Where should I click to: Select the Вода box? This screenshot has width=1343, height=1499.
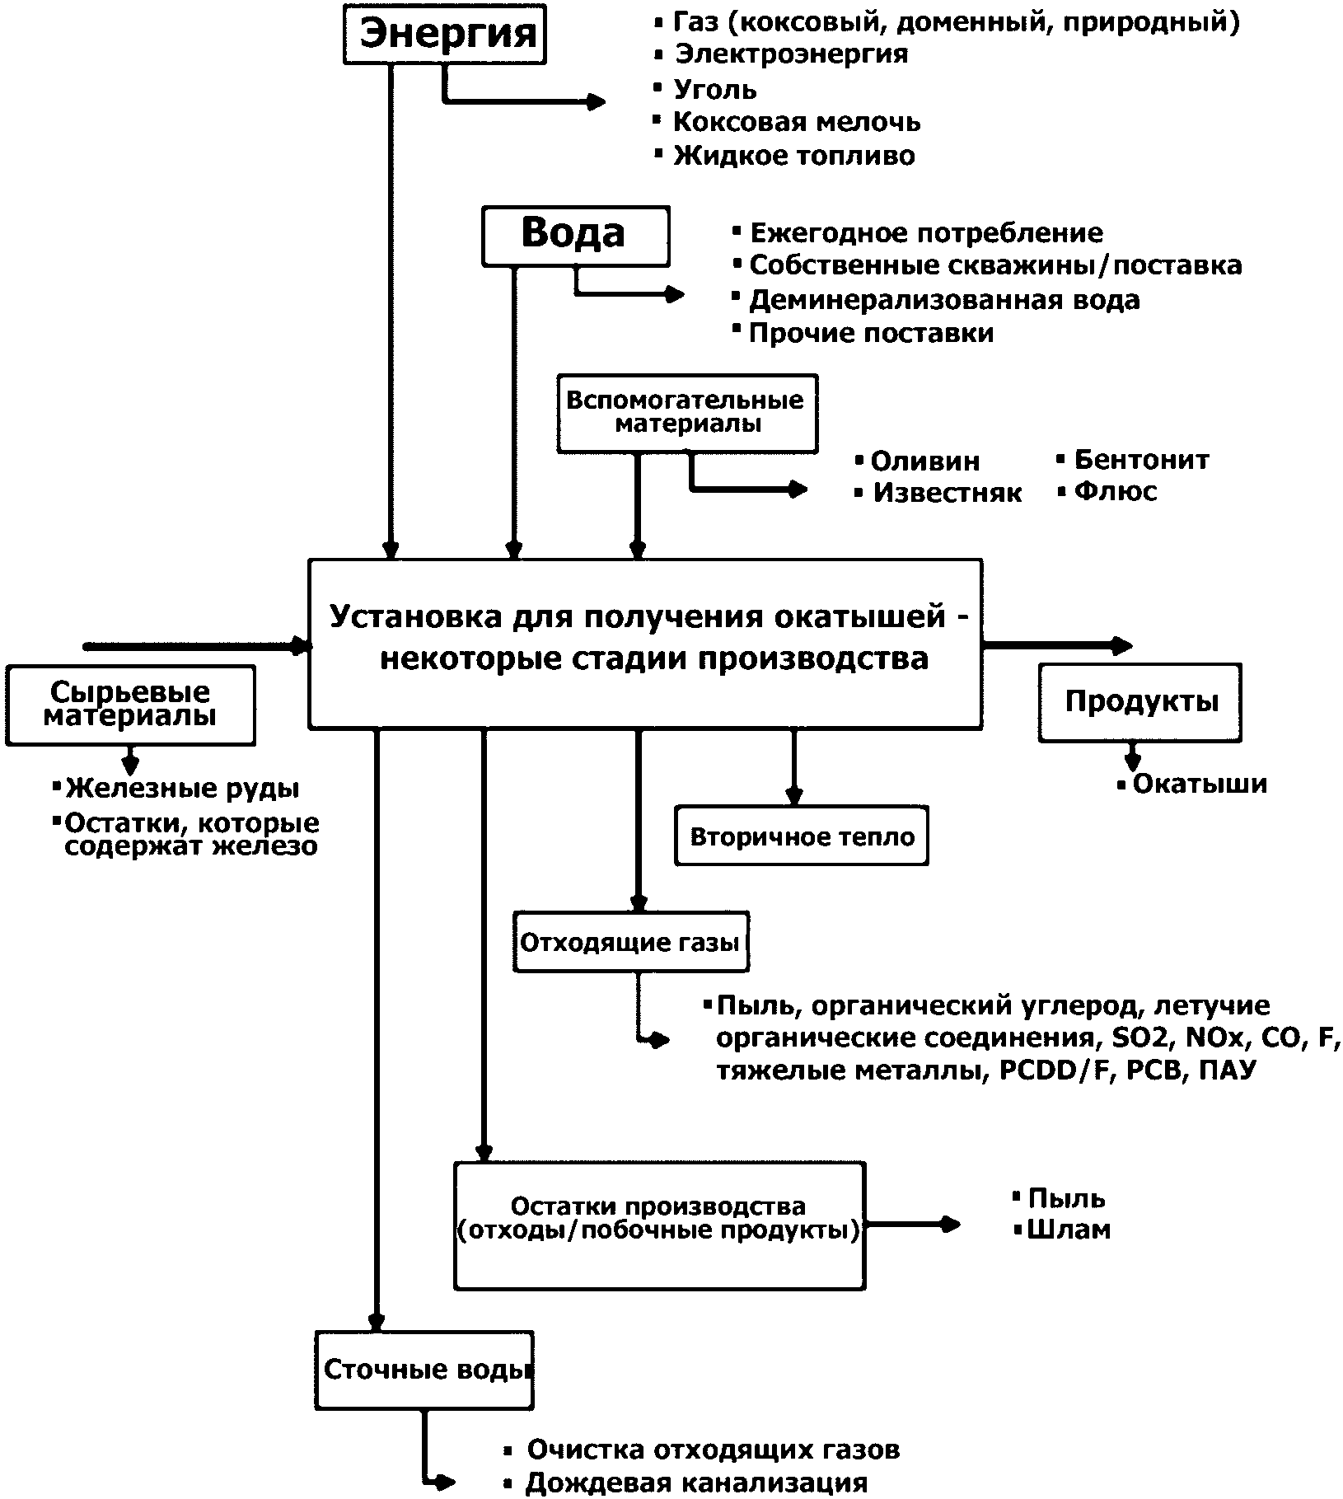tap(575, 236)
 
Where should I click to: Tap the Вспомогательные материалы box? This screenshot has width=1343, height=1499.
tap(687, 414)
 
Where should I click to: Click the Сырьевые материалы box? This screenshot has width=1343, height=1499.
tap(130, 705)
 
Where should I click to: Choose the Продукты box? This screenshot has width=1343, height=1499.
tap(1140, 702)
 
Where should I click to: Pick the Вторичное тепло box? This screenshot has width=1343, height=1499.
tap(802, 837)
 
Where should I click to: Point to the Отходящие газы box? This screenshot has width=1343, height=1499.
tap(631, 942)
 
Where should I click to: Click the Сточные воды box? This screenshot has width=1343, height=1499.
tap(424, 1370)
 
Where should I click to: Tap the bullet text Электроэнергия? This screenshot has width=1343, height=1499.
tap(792, 54)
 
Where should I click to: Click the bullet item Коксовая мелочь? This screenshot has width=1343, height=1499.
tap(797, 122)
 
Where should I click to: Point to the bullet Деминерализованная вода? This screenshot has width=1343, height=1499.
tap(944, 300)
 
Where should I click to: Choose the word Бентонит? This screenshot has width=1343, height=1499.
tap(1141, 460)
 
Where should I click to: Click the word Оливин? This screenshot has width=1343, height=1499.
tap(925, 461)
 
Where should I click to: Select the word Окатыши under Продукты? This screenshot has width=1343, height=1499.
tap(1200, 784)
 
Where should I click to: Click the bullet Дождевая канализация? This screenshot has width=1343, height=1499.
tap(697, 1483)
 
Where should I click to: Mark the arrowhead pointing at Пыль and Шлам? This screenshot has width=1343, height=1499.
tap(951, 1225)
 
